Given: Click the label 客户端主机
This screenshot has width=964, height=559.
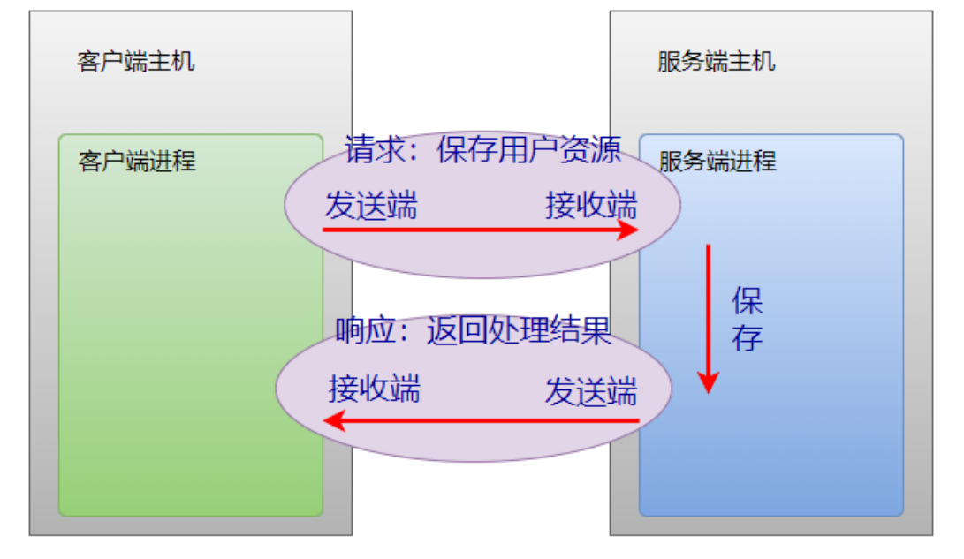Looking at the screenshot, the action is pyautogui.click(x=136, y=62).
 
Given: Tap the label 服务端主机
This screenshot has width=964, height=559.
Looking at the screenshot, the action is pyautogui.click(x=717, y=62).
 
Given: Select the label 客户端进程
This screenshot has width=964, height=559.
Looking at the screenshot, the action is pyautogui.click(x=137, y=162).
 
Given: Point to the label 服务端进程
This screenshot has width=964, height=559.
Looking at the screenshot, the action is pyautogui.click(x=717, y=162).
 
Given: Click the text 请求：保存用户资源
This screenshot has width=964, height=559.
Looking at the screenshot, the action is pyautogui.click(x=483, y=149).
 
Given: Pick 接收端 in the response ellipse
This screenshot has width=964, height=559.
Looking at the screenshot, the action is pyautogui.click(x=375, y=389).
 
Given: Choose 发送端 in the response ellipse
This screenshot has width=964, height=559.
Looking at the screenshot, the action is pyautogui.click(x=590, y=391).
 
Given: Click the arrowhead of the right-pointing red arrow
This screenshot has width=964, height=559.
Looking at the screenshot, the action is pyautogui.click(x=629, y=230).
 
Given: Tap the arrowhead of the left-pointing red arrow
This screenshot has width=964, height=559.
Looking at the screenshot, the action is pyautogui.click(x=333, y=421).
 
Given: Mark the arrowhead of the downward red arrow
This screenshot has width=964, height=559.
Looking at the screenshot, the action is pyautogui.click(x=708, y=382).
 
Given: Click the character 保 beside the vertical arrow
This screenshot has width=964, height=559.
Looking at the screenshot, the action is pyautogui.click(x=748, y=302).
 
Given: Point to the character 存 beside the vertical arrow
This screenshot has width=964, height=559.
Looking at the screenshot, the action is pyautogui.click(x=748, y=337).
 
